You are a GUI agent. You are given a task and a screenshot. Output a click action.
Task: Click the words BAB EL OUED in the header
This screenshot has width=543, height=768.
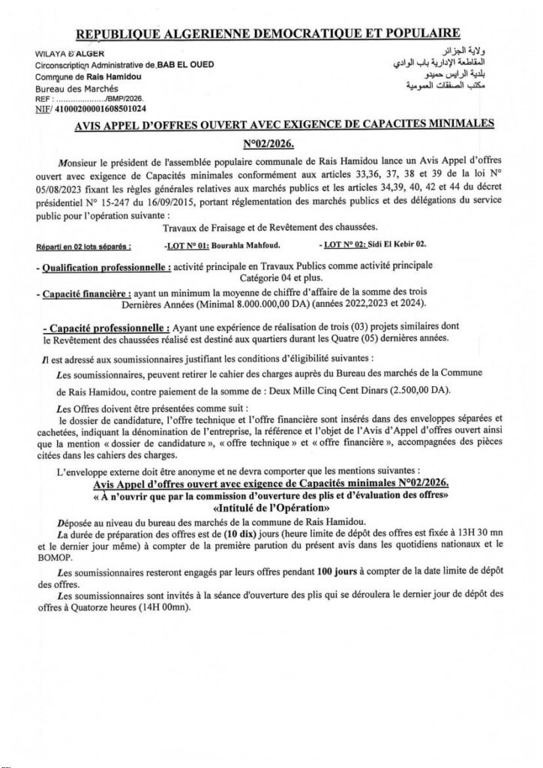183,64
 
